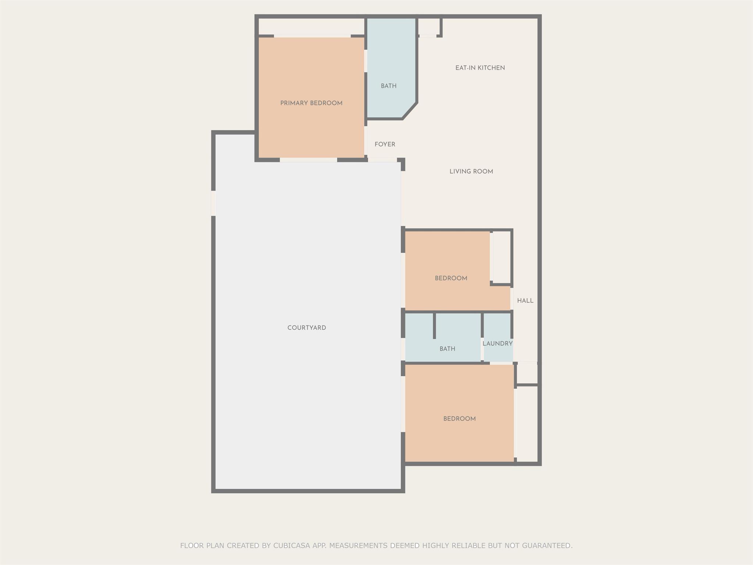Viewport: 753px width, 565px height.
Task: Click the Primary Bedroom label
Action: [x=311, y=103]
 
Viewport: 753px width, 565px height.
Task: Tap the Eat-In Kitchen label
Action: [x=480, y=68]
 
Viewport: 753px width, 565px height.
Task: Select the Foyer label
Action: [x=385, y=145]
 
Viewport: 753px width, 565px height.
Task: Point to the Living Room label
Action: [x=471, y=171]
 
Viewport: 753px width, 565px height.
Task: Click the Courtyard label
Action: [x=307, y=328]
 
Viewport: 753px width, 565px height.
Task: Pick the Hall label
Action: [x=525, y=301]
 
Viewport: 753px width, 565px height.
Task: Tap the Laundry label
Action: [x=497, y=344]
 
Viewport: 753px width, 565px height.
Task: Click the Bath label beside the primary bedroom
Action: [x=389, y=86]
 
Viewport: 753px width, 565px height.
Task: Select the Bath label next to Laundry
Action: [x=447, y=349]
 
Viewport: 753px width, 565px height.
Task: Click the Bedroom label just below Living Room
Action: [x=451, y=278]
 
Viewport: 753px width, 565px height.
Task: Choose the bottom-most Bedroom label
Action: [x=460, y=419]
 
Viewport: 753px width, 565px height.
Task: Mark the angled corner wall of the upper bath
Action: [x=410, y=111]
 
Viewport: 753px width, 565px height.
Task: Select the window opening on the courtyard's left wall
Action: [x=213, y=203]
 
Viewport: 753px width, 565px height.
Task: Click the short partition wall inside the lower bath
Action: [x=434, y=326]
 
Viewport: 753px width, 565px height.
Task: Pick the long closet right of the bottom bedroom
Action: [x=527, y=424]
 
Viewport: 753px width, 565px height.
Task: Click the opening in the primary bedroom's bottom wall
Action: [x=308, y=160]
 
